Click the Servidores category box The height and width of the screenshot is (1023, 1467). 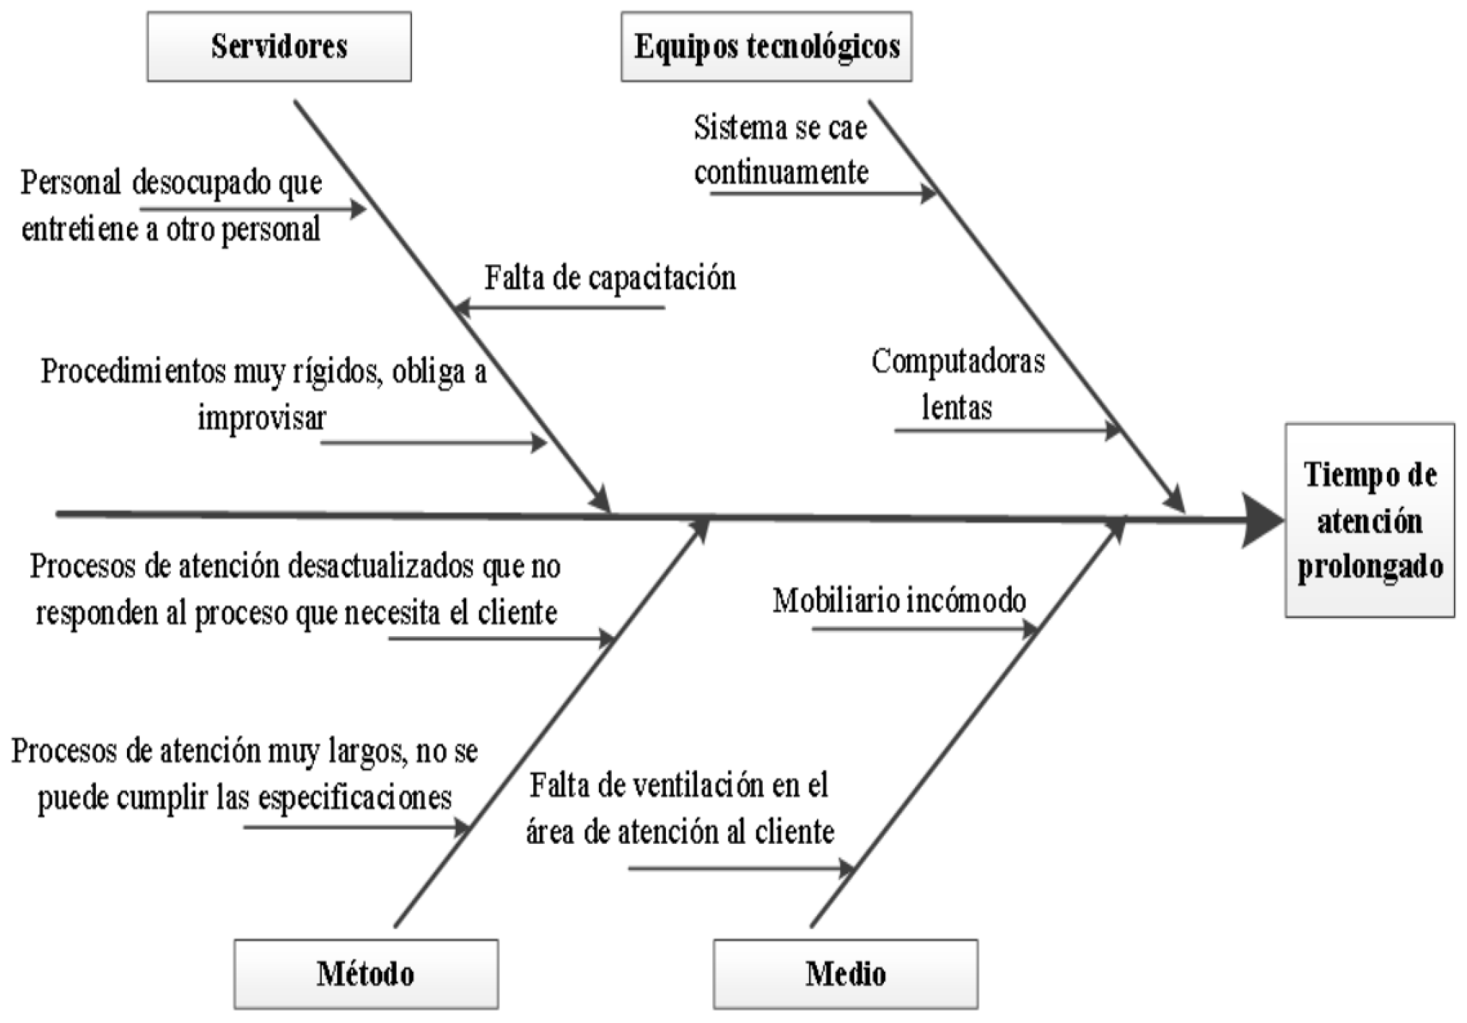click(279, 47)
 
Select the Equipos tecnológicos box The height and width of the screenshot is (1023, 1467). click(766, 47)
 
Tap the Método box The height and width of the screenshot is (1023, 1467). click(366, 974)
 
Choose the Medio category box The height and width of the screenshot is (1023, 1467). click(846, 974)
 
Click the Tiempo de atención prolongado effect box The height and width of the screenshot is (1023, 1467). click(1370, 521)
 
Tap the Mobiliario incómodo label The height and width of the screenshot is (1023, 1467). click(899, 601)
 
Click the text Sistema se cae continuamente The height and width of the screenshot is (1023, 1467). click(781, 150)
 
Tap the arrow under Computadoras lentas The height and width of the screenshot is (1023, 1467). click(1007, 431)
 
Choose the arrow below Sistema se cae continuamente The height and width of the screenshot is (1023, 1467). click(823, 193)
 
